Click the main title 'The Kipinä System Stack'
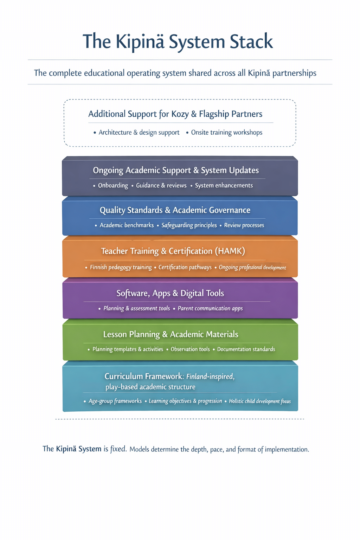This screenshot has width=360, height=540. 178,41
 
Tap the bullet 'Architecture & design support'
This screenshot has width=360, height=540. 139,133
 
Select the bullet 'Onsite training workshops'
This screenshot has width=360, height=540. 226,133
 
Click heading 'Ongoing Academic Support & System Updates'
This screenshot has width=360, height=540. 176,171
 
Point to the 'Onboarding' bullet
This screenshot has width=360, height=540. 113,186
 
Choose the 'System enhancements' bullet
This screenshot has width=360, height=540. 224,186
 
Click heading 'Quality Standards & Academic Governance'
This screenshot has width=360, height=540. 175,210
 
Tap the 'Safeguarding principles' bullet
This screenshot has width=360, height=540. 189,225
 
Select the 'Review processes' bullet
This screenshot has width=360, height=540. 244,225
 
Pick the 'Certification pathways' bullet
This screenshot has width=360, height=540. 185,268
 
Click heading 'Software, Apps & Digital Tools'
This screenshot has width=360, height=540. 170,293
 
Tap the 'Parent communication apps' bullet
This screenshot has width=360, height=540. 210,309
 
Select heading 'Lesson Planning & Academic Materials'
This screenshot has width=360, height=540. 171,334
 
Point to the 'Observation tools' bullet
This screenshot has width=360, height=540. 190,349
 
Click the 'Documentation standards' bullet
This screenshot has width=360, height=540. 246,349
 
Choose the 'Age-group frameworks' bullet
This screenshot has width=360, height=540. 115,401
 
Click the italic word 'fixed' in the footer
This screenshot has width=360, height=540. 118,449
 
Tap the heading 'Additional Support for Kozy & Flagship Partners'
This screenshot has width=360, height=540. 175,114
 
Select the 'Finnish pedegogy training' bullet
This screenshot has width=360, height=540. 121,268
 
